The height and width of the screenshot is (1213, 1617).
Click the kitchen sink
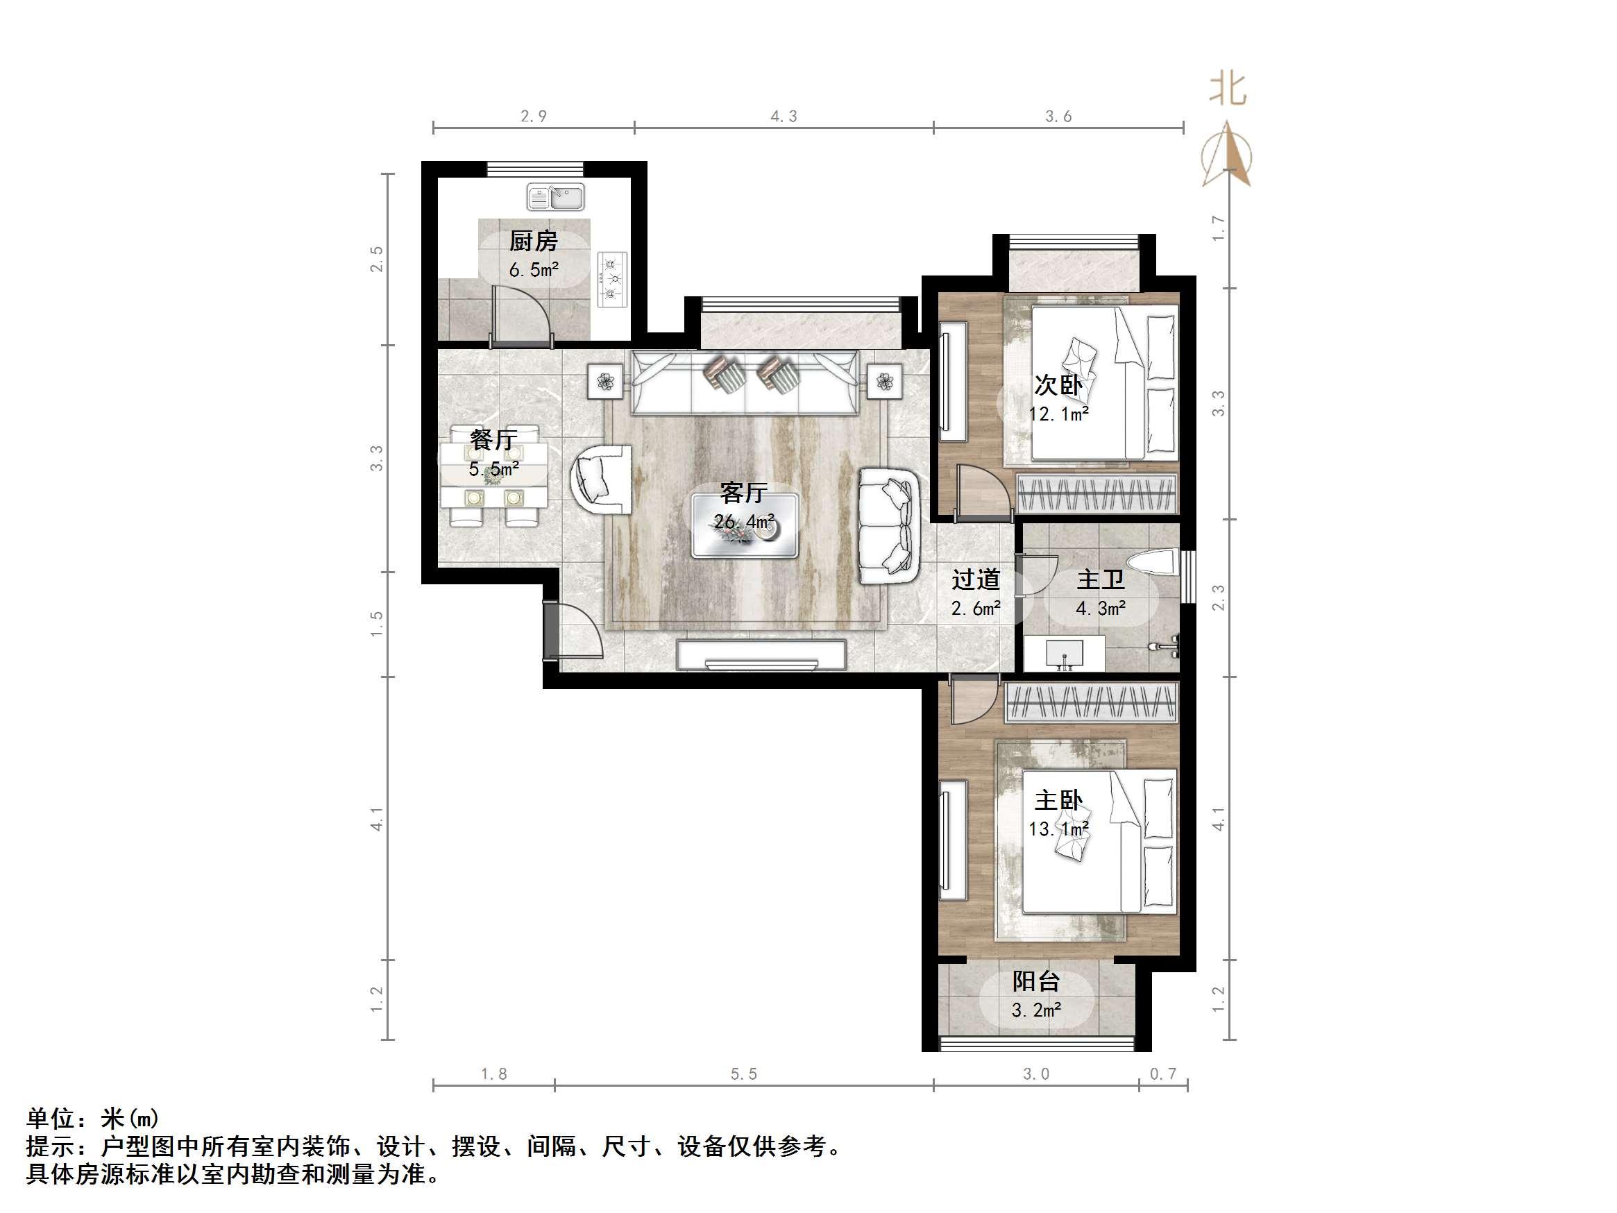click(556, 197)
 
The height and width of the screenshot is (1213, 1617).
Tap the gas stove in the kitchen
click(612, 278)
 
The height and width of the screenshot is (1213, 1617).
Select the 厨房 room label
click(533, 241)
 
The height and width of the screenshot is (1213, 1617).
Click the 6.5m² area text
click(534, 270)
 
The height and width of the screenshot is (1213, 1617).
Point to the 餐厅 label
click(493, 439)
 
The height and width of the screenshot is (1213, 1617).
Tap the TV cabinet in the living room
click(761, 655)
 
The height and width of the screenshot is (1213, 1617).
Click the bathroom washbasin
click(1064, 652)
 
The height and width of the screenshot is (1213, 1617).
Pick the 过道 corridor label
click(975, 580)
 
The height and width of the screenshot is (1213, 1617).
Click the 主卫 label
click(1100, 580)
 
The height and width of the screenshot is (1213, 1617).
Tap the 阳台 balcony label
click(1036, 981)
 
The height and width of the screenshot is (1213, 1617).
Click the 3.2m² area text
click(1036, 1010)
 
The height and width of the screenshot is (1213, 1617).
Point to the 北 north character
click(1228, 90)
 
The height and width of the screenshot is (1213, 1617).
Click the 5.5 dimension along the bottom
click(743, 1074)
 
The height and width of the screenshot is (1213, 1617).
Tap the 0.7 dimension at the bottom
click(1163, 1074)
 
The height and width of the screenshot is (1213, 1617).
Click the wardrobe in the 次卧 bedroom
click(1097, 493)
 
